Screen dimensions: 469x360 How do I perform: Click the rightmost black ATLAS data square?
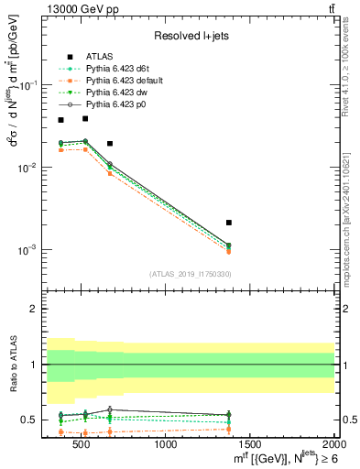[x=229, y=223]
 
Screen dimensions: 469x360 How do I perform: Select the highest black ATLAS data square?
[x=85, y=118]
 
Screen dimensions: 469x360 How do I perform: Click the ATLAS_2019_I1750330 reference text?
[x=188, y=274]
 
